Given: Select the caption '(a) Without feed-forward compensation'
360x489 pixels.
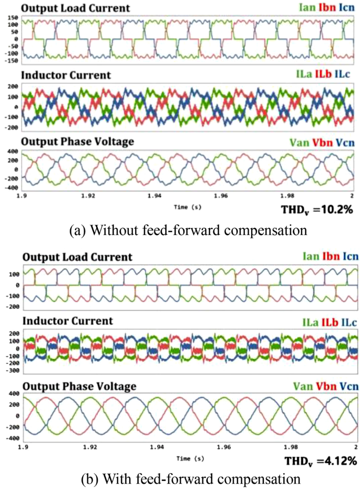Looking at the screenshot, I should click(180, 230).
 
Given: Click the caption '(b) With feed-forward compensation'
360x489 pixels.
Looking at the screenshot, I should click(180, 478).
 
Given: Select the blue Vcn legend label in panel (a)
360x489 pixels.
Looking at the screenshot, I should click(345, 142).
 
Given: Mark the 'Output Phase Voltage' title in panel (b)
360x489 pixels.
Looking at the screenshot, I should click(79, 386).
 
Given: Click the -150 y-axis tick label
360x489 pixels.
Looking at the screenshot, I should click(12, 60).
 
